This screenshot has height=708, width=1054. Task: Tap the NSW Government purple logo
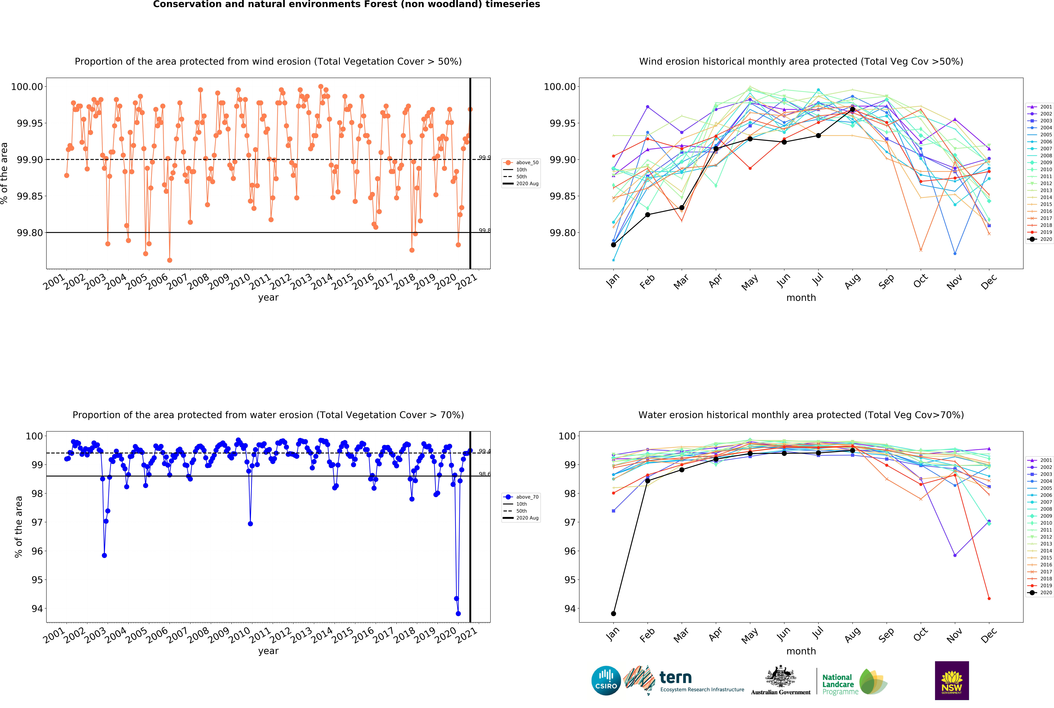(951, 680)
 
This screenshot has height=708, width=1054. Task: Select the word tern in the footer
(675, 677)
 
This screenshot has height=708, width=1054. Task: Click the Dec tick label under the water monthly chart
(988, 635)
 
